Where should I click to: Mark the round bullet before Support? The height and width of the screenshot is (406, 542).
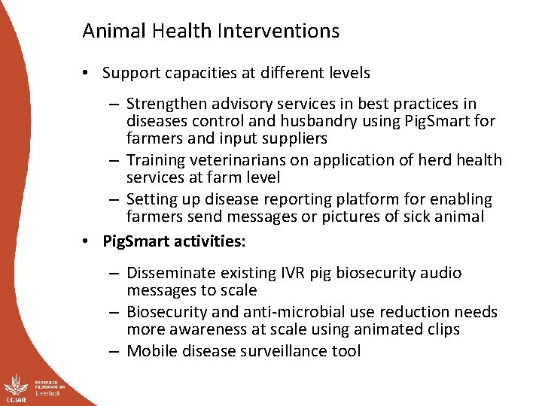point(87,74)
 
